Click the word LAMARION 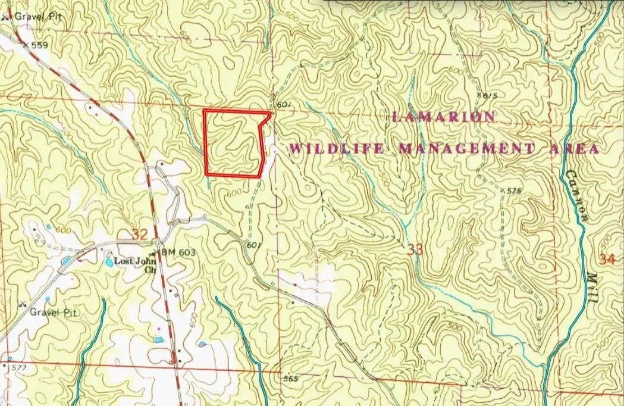(x=443, y=117)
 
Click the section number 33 (x=415, y=250)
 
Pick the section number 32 (x=140, y=235)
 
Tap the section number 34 (x=607, y=260)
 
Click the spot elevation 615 (x=490, y=95)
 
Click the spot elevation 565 (x=290, y=379)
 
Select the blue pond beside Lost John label (x=109, y=261)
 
